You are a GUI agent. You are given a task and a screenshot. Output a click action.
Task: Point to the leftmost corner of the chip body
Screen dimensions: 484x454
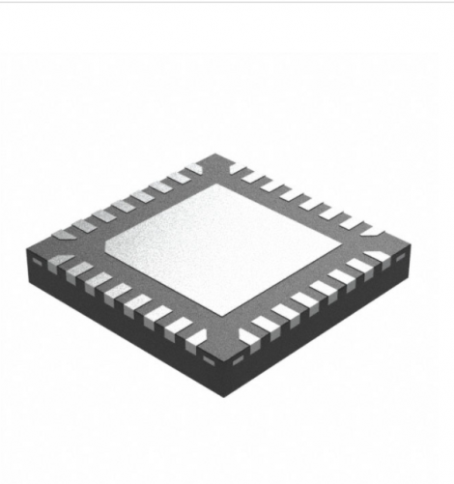pyautogui.click(x=26, y=249)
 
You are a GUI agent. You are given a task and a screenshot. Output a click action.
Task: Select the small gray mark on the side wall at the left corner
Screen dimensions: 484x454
pyautogui.click(x=30, y=260)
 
